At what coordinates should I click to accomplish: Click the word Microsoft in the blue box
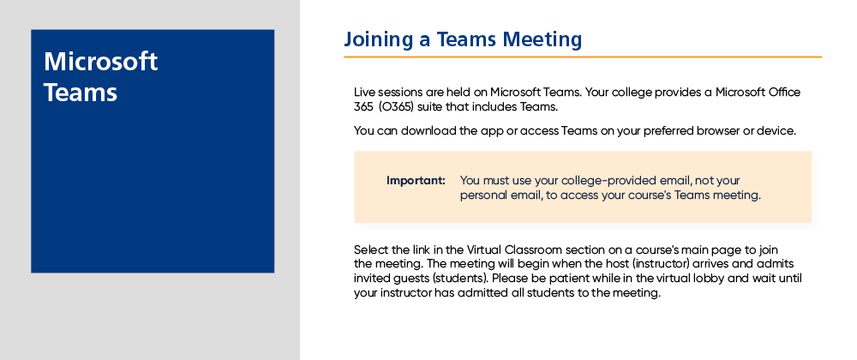pos(100,61)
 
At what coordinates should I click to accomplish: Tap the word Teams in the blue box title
pos(81,93)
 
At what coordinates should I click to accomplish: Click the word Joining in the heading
pos(378,40)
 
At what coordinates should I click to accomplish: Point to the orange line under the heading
pos(583,57)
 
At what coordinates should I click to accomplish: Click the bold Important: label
pos(416,180)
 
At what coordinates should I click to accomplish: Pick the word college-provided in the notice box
pos(620,181)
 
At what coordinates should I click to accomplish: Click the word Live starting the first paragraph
pos(364,92)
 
